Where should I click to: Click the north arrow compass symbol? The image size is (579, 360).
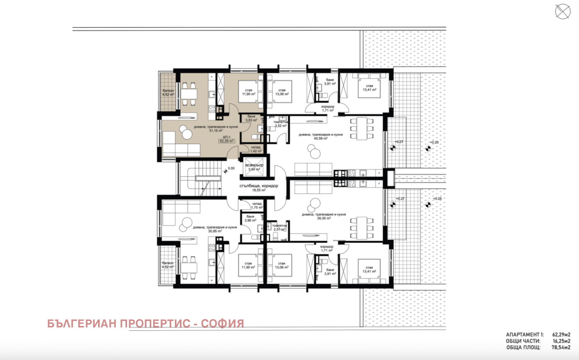(x=563, y=12)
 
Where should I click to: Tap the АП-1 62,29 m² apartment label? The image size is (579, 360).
(x=227, y=139)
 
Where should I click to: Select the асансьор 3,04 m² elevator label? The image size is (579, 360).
(x=254, y=167)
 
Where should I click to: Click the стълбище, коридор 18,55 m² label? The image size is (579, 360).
(x=259, y=188)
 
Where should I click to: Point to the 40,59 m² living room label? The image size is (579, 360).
(x=320, y=136)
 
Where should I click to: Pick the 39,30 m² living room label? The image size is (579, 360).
(x=324, y=216)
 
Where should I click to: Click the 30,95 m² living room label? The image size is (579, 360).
(x=215, y=229)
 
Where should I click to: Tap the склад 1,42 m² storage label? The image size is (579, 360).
(x=256, y=149)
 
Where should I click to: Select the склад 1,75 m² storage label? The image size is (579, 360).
(x=257, y=206)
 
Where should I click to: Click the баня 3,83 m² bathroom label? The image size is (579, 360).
(x=251, y=118)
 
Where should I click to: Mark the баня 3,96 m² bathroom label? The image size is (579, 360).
(x=250, y=219)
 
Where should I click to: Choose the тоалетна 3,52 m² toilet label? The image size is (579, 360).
(x=280, y=124)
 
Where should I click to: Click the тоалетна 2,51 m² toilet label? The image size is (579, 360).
(x=279, y=228)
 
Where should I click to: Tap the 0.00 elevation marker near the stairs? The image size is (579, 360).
(x=231, y=168)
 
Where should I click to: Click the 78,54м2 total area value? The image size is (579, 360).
(x=561, y=347)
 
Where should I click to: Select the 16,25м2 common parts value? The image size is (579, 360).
(x=561, y=341)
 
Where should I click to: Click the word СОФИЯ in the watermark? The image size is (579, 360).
(x=222, y=323)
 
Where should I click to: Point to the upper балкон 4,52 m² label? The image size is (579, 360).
(x=168, y=93)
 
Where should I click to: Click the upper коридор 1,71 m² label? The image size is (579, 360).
(x=328, y=109)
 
